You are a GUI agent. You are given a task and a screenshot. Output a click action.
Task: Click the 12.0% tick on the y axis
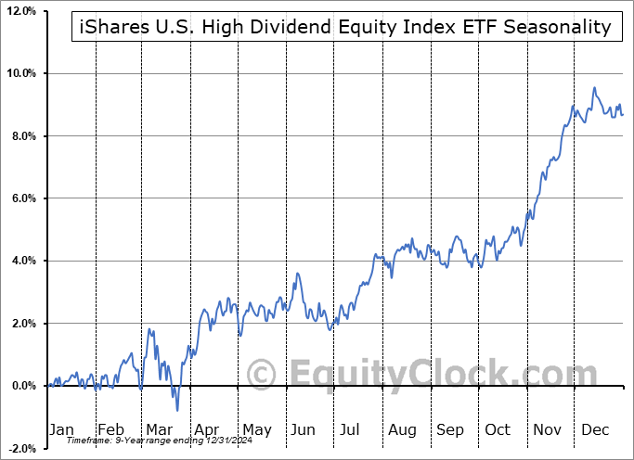coord(19,10)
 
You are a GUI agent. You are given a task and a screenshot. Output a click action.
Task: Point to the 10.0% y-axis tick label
coord(19,73)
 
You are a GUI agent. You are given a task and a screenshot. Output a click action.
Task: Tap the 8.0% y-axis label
coord(22,135)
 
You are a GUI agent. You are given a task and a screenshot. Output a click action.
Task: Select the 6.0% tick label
coord(22,198)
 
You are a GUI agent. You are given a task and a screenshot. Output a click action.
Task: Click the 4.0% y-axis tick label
coord(22,261)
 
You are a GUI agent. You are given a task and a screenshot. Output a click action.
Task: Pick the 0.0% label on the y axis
coord(22,386)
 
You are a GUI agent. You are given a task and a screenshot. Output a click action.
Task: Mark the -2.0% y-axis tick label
coord(20,448)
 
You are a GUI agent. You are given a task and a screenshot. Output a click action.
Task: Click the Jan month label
coord(60,430)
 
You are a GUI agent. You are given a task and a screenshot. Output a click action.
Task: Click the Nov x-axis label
coord(547,430)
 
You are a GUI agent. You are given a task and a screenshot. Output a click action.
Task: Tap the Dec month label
coord(596,430)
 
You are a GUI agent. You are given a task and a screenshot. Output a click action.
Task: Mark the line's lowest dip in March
coord(176,410)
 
